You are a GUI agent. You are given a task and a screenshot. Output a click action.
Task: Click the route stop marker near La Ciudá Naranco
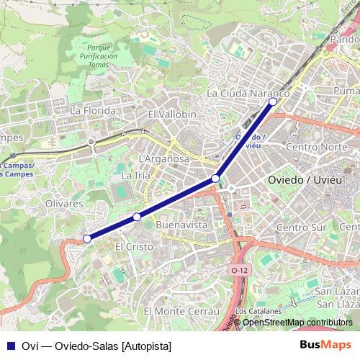coord(273,102)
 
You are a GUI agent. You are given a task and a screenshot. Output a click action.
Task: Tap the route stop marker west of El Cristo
coord(86,238)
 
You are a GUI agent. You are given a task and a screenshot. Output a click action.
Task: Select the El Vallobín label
coord(171,114)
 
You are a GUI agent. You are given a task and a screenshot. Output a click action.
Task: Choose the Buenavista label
coord(181,225)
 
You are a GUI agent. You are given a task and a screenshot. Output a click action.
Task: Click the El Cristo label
coord(135,246)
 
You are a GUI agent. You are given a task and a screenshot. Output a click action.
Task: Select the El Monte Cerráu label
coord(181,310)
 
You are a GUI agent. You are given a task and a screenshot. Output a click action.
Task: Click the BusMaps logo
coord(325,346)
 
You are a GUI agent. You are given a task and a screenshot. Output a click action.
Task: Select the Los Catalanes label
coord(255,311)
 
